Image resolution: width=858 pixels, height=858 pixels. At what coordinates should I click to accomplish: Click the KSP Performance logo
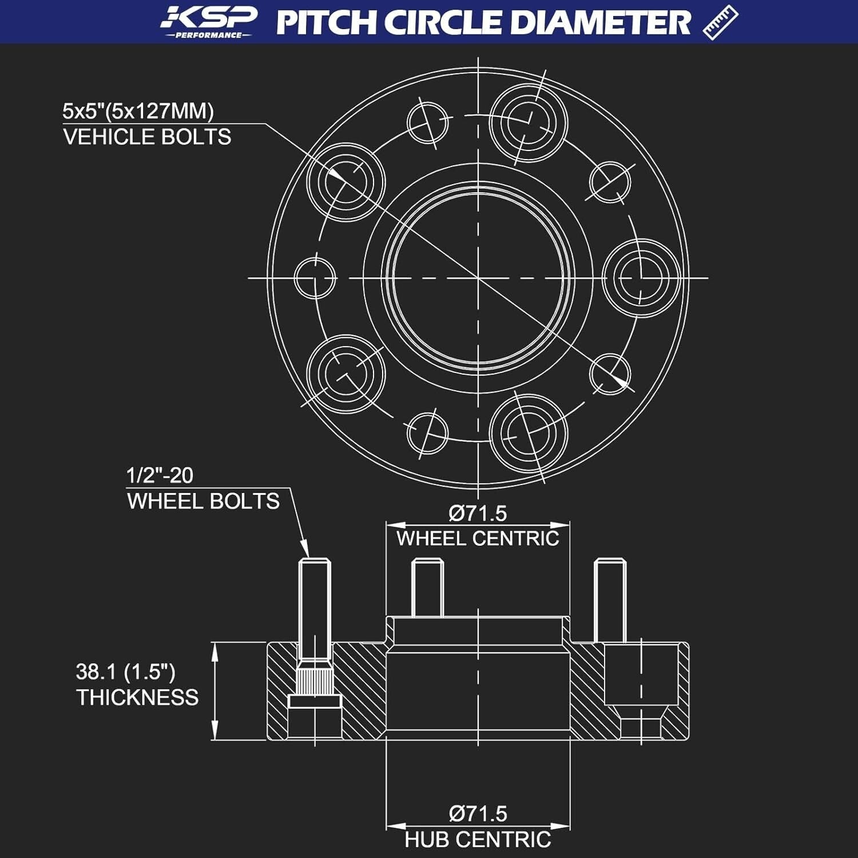209,22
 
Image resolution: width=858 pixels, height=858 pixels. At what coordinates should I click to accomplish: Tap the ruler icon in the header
720,22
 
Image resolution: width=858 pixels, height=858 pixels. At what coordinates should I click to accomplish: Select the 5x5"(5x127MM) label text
138,111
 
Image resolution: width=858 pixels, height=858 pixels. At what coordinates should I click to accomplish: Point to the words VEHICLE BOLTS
147,137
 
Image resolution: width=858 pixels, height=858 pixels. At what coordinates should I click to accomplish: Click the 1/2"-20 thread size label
160,475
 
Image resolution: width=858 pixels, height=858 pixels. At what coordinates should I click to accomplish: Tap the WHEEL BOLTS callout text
203,501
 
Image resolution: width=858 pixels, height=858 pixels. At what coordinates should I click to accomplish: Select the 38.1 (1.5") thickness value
125,672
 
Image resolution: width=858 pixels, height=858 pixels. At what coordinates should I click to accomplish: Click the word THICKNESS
137,697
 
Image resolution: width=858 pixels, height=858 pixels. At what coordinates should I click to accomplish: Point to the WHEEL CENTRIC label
478,538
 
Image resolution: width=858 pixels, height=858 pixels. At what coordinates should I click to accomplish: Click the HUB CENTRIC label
478,840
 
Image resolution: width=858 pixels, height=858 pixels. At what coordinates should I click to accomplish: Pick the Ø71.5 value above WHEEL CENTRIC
478,513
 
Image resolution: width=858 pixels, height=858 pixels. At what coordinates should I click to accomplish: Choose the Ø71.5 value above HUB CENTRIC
478,813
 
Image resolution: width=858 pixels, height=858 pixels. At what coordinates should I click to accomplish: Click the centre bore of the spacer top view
478,278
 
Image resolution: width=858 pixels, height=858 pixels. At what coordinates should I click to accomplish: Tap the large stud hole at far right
641,278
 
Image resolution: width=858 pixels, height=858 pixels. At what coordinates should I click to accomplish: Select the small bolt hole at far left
315,278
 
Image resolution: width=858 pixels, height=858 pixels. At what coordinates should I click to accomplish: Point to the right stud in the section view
610,600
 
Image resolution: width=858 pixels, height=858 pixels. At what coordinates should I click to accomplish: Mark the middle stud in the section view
427,588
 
